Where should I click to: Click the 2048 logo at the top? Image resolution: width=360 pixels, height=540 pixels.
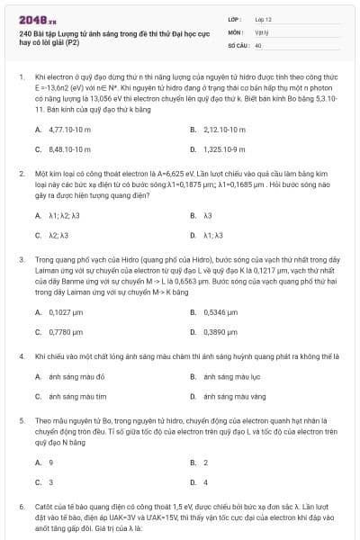tap(37, 19)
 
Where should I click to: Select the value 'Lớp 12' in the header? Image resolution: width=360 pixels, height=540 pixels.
tap(264, 19)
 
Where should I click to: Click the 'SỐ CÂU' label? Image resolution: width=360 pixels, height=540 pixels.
tap(237, 42)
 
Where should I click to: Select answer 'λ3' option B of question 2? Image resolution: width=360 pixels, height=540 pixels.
tap(208, 216)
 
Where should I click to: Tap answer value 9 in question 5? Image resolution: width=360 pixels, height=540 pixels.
tap(49, 463)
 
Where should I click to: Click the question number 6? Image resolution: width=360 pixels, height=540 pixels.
tap(21, 508)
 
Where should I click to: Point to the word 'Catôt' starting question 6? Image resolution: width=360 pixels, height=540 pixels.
tap(43, 508)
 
